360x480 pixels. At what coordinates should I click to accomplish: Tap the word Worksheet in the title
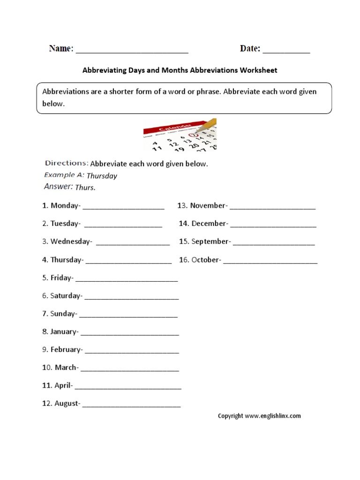point(259,70)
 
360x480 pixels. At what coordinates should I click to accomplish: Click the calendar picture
point(180,134)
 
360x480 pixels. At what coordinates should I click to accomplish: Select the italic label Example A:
point(64,175)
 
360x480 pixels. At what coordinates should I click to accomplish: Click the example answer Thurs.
point(85,187)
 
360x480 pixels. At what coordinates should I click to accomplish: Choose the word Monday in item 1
point(65,205)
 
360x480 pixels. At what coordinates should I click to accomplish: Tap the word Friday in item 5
point(61,277)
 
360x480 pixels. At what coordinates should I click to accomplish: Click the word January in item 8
point(64,331)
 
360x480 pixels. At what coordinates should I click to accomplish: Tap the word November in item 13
point(208,205)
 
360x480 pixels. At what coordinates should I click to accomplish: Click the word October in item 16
point(205,260)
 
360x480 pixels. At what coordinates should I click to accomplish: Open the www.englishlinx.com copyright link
point(272,415)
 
